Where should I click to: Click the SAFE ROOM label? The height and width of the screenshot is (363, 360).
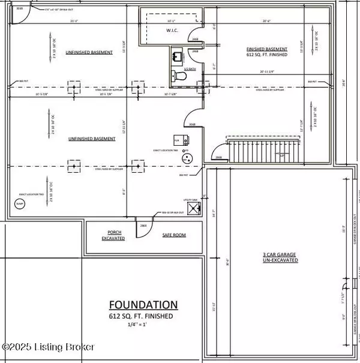(x=175, y=235)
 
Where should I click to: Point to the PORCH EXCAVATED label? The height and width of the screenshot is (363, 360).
(x=115, y=235)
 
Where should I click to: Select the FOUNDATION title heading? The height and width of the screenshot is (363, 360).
(x=143, y=304)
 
